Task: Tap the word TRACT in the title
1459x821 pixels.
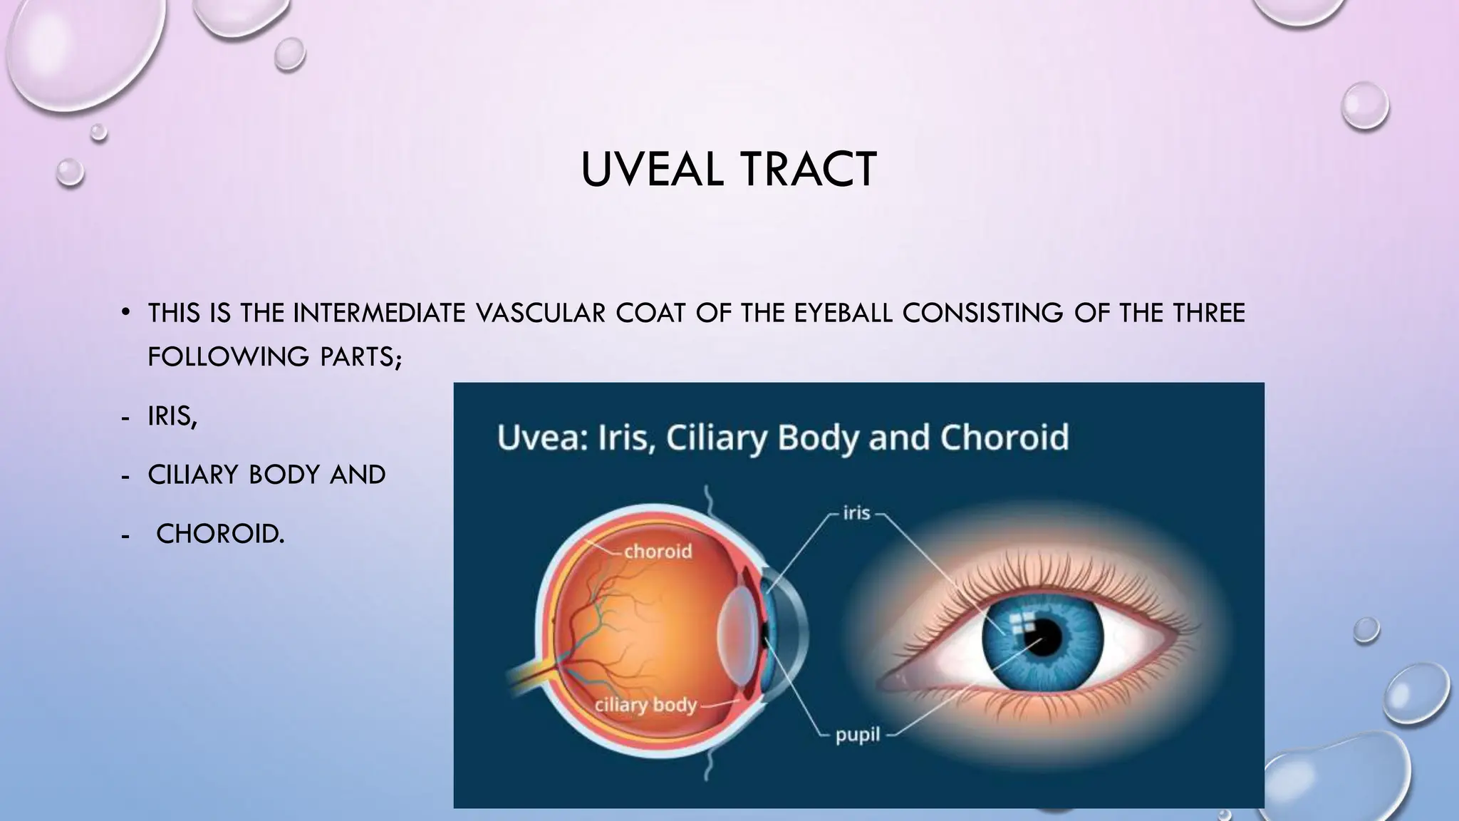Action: pyautogui.click(x=808, y=170)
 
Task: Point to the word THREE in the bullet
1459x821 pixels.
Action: pyautogui.click(x=1210, y=313)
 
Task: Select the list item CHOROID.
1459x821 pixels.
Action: pyautogui.click(x=220, y=534)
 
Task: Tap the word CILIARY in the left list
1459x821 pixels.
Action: pyautogui.click(x=192, y=475)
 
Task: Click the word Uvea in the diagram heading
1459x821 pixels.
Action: pyautogui.click(x=541, y=438)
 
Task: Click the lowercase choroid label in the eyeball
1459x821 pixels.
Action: pyautogui.click(x=658, y=551)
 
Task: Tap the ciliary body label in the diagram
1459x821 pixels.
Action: pyautogui.click(x=645, y=705)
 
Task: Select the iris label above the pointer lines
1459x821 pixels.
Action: pyautogui.click(x=856, y=513)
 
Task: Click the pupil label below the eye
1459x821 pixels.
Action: pyautogui.click(x=858, y=735)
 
